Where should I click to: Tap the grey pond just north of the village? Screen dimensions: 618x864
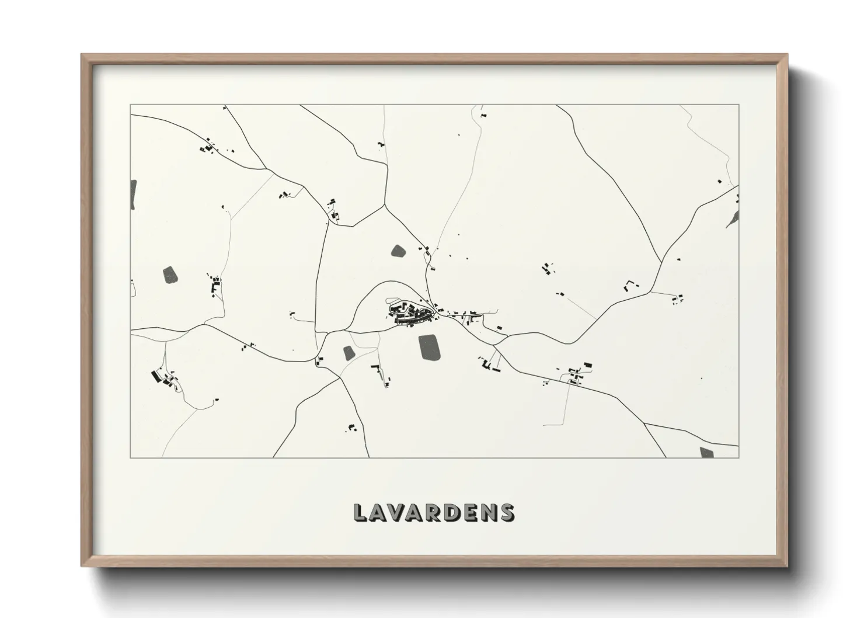point(399,252)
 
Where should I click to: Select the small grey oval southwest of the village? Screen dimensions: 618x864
point(349,353)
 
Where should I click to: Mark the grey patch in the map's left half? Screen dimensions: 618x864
point(170,275)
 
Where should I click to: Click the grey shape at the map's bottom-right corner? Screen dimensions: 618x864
point(706,452)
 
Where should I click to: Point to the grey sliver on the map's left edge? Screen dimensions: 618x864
point(133,194)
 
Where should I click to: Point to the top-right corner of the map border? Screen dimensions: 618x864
point(739,105)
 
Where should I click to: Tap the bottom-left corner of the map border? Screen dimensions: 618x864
point(131,457)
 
